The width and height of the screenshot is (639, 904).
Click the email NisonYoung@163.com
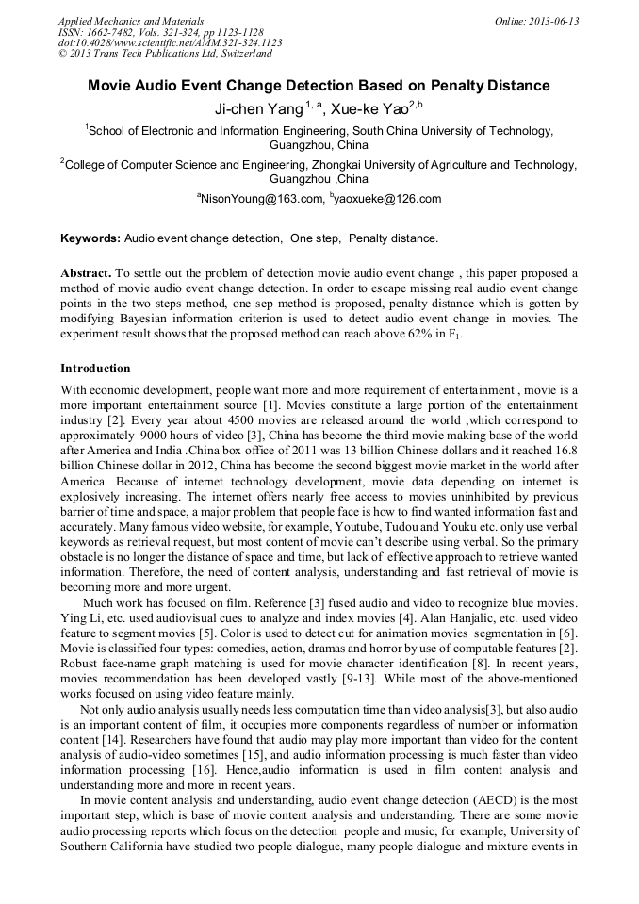click(x=260, y=199)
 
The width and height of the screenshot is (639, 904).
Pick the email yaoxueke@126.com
click(x=387, y=199)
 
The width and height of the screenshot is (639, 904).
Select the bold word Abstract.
click(x=87, y=272)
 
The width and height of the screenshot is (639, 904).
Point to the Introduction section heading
click(x=95, y=368)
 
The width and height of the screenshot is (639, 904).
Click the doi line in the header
click(x=170, y=42)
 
